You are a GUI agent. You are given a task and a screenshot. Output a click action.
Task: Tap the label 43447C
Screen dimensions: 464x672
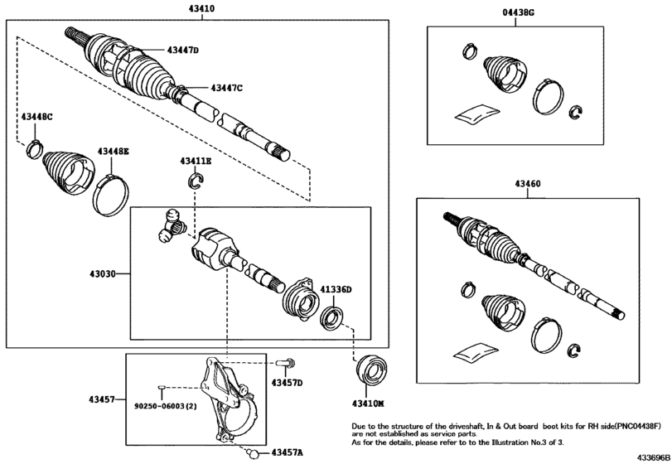[226, 88]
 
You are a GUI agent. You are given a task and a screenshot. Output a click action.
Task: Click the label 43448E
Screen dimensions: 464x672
[114, 152]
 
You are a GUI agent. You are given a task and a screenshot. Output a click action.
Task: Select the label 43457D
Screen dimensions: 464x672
[287, 382]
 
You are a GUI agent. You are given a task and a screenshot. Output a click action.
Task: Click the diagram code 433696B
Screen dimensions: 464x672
[653, 457]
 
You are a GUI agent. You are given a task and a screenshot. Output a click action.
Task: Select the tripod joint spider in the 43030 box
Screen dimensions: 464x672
[172, 224]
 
